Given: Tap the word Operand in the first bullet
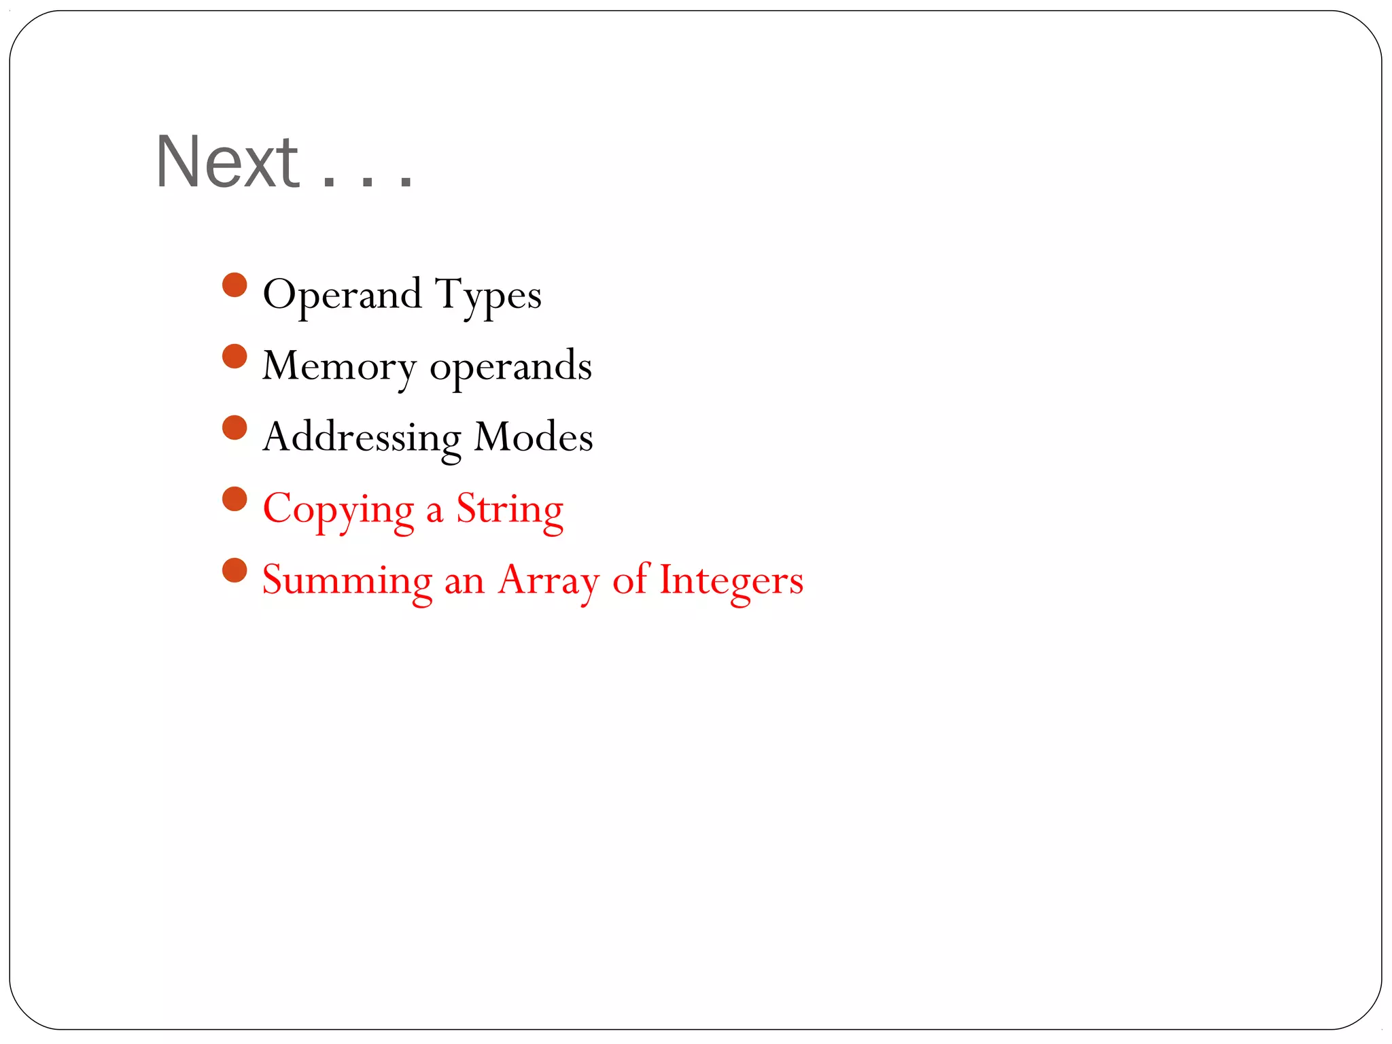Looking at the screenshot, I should pos(342,294).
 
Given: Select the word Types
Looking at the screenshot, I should pos(488,296).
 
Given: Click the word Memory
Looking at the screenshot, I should pos(338,367).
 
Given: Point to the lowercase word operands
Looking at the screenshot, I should pos(510,367).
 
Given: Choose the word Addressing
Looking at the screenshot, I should pos(362,438).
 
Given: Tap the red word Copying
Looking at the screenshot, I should pos(338,510).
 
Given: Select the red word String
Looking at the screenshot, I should pos(510,510).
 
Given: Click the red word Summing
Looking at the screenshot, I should pos(347,581).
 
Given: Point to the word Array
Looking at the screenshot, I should pos(549,581).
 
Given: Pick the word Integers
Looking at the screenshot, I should pos(731,581).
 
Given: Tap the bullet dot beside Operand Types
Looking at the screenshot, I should pos(234,285).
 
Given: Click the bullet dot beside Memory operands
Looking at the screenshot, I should pos(234,357).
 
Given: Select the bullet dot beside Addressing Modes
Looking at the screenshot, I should pos(234,428).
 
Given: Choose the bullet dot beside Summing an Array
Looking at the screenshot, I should pos(234,571).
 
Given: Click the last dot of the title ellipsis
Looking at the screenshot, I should pos(406,181).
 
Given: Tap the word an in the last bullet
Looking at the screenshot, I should pos(464,582).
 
